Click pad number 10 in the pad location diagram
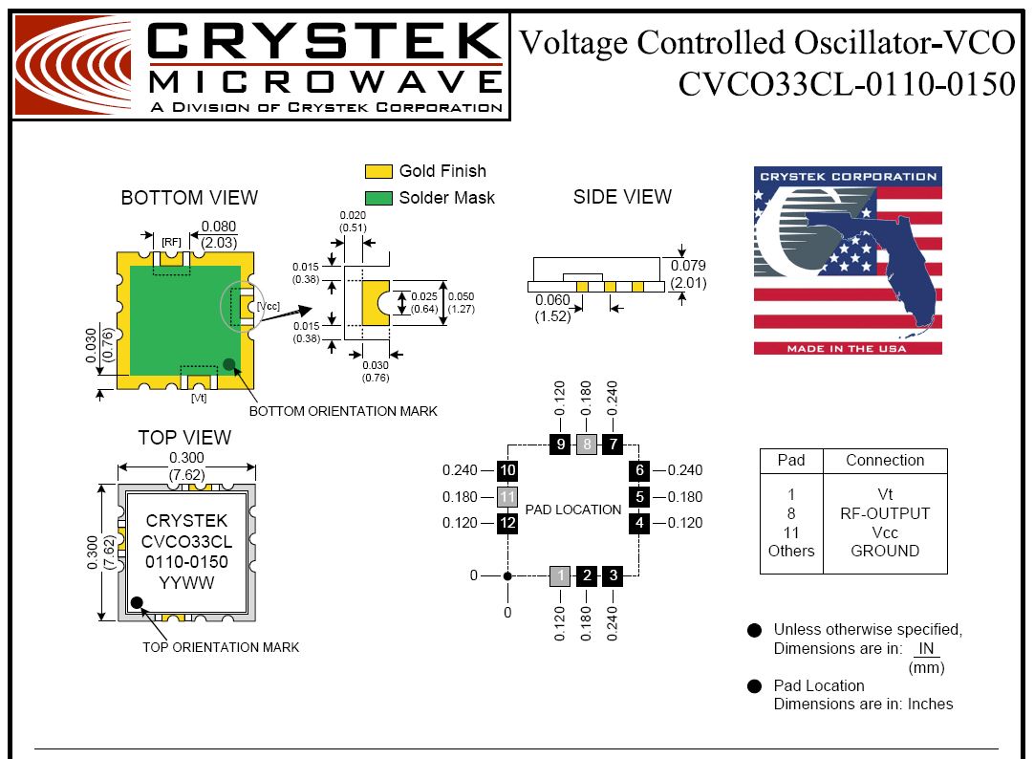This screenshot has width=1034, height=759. point(507,470)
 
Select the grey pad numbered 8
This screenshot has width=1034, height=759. point(587,444)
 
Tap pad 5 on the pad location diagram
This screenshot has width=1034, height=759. point(639,496)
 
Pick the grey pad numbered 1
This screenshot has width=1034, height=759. point(560,575)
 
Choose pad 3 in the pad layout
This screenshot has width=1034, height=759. point(614,575)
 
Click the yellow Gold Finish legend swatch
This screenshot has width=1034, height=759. point(378,171)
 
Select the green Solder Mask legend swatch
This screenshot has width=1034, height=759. point(378,198)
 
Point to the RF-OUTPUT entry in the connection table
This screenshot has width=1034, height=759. point(885,513)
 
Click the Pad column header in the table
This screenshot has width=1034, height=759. point(791,461)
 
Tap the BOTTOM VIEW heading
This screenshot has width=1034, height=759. point(189,198)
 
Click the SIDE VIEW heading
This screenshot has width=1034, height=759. point(622,197)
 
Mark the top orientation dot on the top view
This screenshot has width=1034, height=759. point(138,602)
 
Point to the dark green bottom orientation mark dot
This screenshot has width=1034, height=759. point(228,364)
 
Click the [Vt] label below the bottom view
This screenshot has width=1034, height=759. point(199,398)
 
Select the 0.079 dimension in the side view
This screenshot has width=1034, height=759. point(688,265)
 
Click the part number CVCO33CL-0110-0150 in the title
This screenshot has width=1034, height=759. point(847,84)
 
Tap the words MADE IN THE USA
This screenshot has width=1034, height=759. point(847,348)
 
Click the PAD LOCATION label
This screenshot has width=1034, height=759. point(573,510)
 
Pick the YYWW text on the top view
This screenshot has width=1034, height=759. point(186,583)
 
